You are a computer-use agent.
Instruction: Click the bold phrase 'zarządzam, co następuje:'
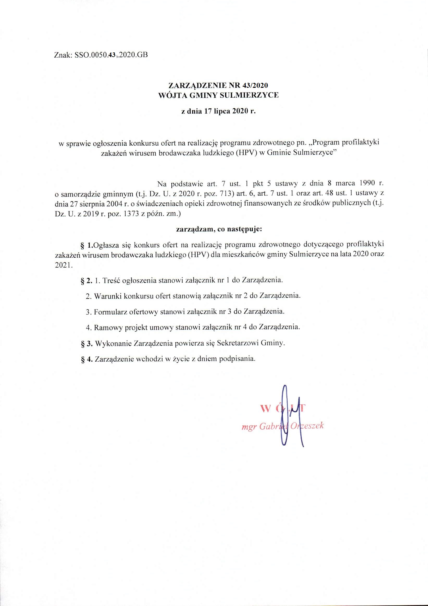(x=219, y=229)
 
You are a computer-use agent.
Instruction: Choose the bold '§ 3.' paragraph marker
(x=86, y=343)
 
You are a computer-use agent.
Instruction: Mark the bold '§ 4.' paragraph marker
(x=86, y=359)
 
